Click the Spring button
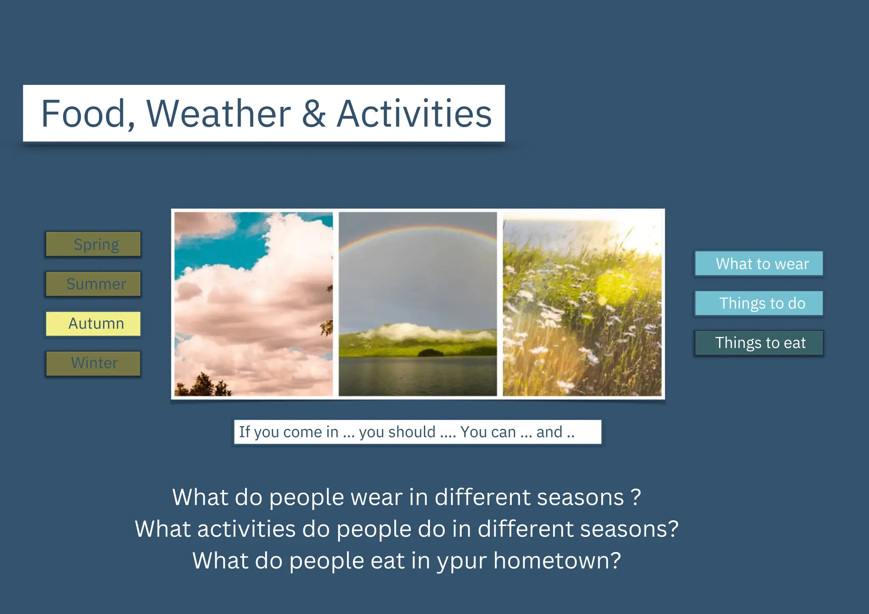pyautogui.click(x=93, y=244)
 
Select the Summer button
pyautogui.click(x=93, y=284)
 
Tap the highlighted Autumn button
pyautogui.click(x=93, y=324)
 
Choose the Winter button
pyautogui.click(x=93, y=363)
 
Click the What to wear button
pyautogui.click(x=759, y=264)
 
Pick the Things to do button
pyautogui.click(x=759, y=303)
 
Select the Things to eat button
pyautogui.click(x=759, y=343)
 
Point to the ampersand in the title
pyautogui.click(x=314, y=114)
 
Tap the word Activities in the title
pyautogui.click(x=414, y=114)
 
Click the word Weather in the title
pyautogui.click(x=219, y=114)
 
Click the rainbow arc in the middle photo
pyautogui.click(x=418, y=229)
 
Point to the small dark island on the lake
pyautogui.click(x=430, y=352)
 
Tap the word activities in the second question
pyautogui.click(x=246, y=529)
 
